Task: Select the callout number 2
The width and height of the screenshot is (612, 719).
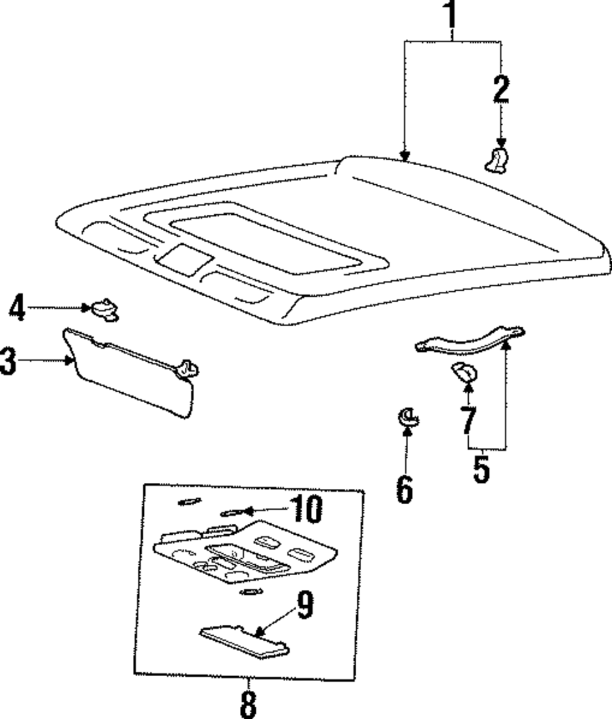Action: click(501, 89)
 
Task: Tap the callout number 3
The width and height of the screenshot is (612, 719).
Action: click(7, 361)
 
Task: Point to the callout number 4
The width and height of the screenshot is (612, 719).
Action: click(17, 307)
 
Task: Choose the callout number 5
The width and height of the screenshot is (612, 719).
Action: click(482, 468)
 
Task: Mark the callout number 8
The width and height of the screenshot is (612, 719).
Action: click(248, 704)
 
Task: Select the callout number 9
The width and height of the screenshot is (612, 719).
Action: click(304, 605)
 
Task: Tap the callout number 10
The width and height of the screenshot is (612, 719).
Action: click(306, 509)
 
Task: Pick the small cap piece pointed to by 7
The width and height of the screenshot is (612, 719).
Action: click(465, 371)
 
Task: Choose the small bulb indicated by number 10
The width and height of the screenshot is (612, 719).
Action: click(231, 512)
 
